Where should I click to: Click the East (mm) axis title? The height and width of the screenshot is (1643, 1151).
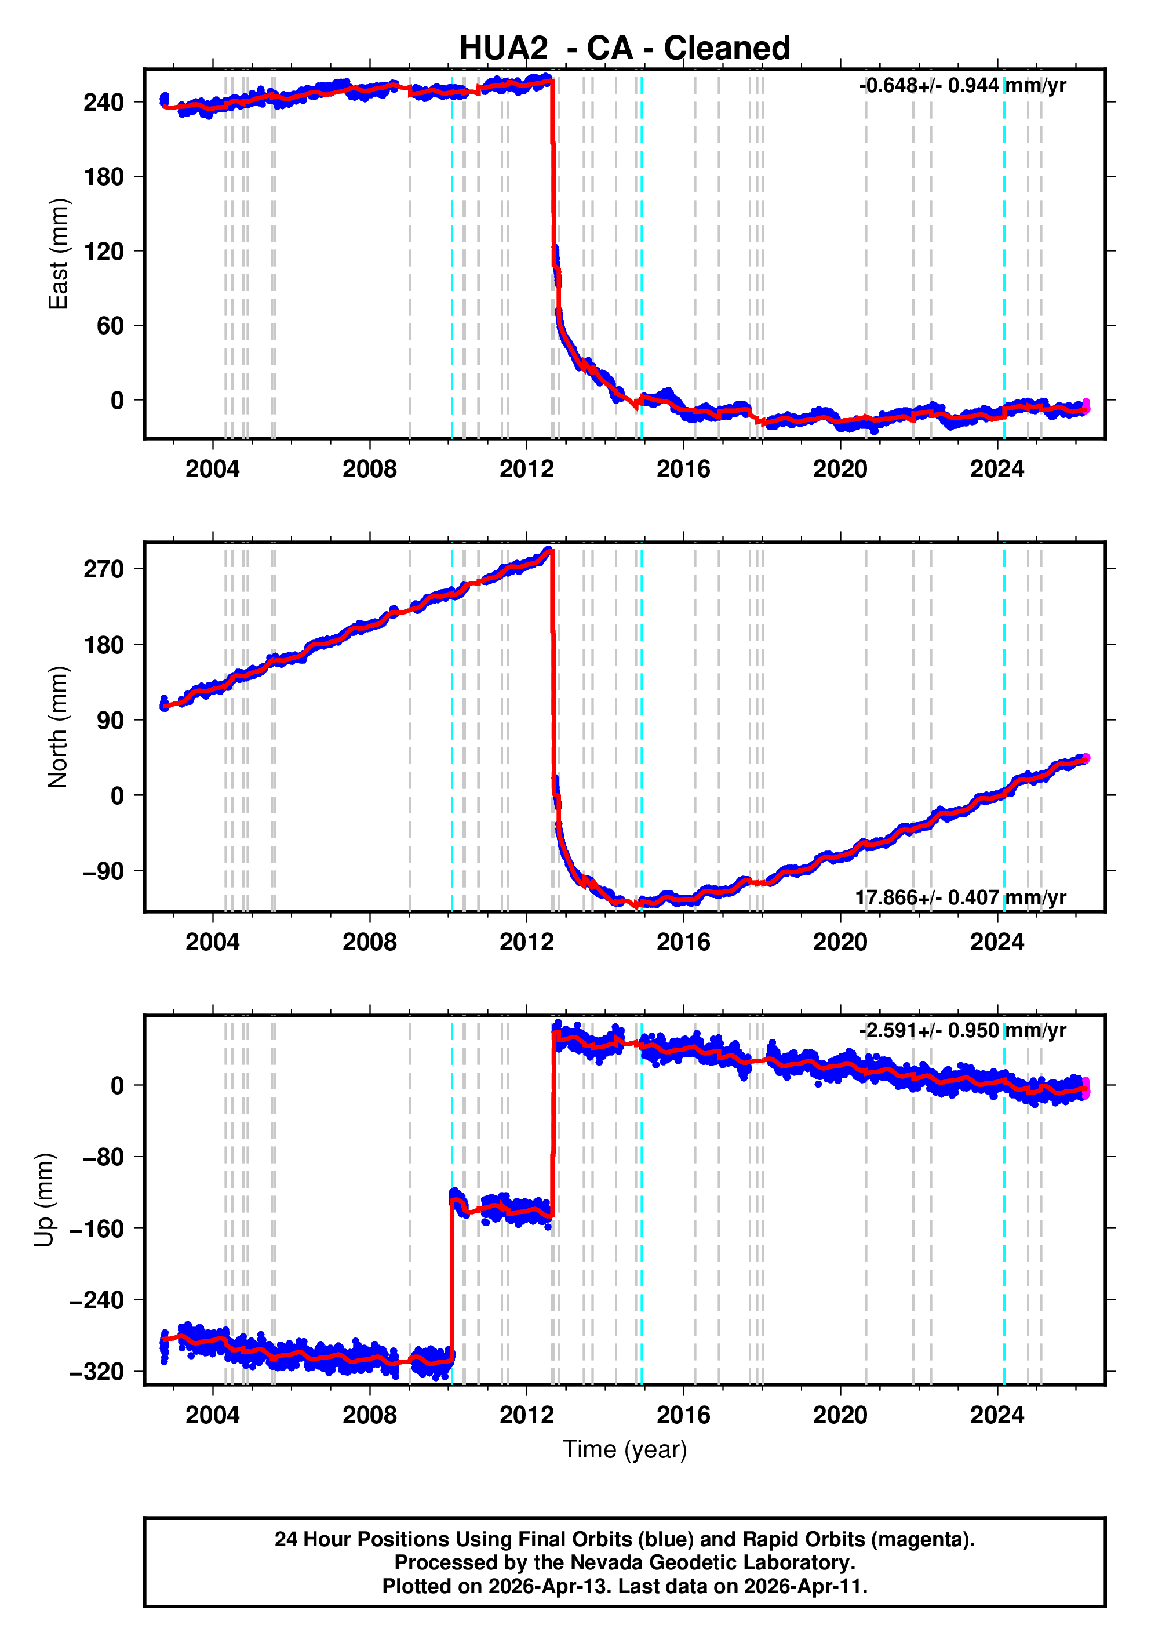58,254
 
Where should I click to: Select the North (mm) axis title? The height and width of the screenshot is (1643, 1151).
58,727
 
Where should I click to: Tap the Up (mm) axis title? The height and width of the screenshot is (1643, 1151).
45,1200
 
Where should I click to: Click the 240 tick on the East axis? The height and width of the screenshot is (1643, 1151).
104,103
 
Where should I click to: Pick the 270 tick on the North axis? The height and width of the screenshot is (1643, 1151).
104,570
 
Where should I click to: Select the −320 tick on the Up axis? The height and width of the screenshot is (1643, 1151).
97,1371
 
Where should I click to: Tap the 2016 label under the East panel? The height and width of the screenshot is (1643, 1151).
683,470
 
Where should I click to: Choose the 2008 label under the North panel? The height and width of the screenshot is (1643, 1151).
369,943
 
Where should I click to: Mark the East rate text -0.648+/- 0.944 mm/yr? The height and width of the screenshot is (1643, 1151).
962,86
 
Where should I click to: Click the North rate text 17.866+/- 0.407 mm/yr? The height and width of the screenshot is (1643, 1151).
961,897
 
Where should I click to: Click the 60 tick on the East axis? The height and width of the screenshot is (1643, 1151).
110,326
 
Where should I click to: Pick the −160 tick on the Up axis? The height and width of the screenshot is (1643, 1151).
97,1228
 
